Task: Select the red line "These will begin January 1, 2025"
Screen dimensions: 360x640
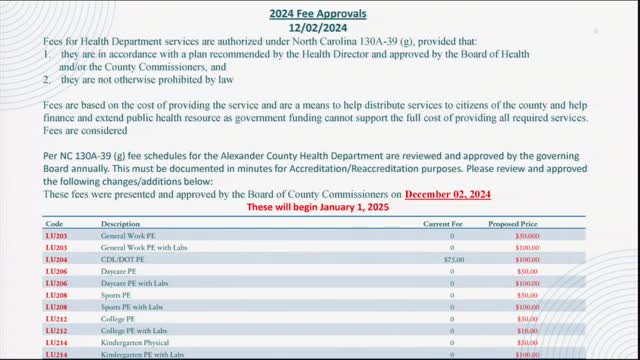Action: tap(317, 207)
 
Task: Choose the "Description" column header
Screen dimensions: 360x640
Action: tap(120, 224)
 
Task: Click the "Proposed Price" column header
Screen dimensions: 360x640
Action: tap(527, 224)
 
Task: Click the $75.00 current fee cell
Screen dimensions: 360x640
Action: tap(454, 259)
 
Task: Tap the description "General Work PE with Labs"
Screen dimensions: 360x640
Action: tap(143, 246)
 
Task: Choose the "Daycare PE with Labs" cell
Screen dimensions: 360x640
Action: tap(135, 283)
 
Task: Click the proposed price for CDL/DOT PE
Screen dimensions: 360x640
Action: tap(527, 259)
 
